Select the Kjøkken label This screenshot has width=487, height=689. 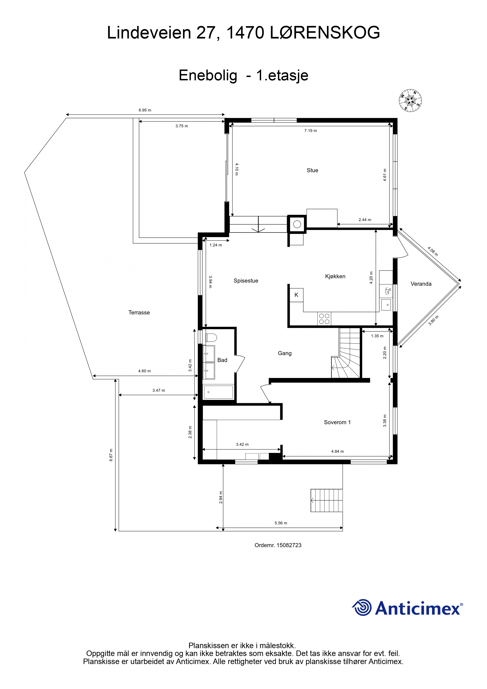coord(335,276)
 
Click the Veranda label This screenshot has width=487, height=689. coord(421,284)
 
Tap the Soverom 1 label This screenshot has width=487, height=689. coord(337,422)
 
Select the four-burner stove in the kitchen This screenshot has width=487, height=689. coord(324,319)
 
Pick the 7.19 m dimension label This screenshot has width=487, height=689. coord(311,131)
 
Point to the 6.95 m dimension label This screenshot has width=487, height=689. coord(145,110)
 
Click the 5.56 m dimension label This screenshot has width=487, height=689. coord(281,523)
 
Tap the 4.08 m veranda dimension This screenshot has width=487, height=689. coord(433,251)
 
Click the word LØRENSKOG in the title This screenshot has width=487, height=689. coord(325,32)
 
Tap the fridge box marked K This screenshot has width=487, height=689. coord(296,295)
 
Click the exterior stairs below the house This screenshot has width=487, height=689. coord(327,500)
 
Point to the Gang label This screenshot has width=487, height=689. coord(285,353)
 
